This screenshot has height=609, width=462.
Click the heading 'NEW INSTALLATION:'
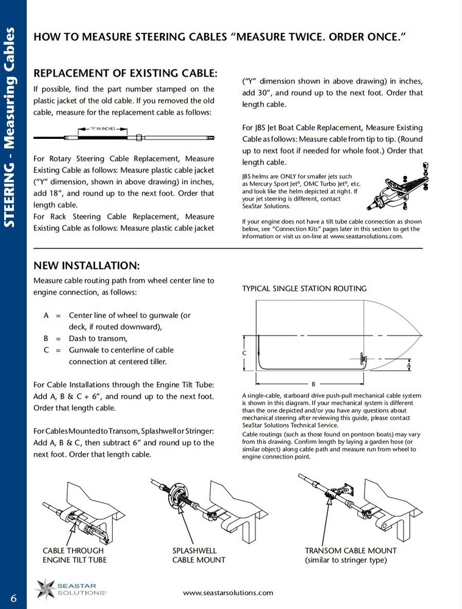(87, 266)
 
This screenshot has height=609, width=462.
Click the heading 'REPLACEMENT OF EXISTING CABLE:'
(125, 73)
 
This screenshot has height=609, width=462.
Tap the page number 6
(13, 596)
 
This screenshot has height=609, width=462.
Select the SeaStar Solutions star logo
(47, 589)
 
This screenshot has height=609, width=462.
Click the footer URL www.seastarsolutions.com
(228, 593)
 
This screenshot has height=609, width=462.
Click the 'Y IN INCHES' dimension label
(102, 129)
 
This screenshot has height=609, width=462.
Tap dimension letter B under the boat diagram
(313, 384)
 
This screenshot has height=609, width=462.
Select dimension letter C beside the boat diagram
(244, 353)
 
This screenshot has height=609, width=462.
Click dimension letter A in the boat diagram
(409, 365)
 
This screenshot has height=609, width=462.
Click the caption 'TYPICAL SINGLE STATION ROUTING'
(304, 288)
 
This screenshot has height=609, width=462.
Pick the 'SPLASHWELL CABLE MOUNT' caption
(199, 555)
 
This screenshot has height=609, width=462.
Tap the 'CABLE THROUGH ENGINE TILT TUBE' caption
(73, 555)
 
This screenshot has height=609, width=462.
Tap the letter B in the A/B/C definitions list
(46, 339)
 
